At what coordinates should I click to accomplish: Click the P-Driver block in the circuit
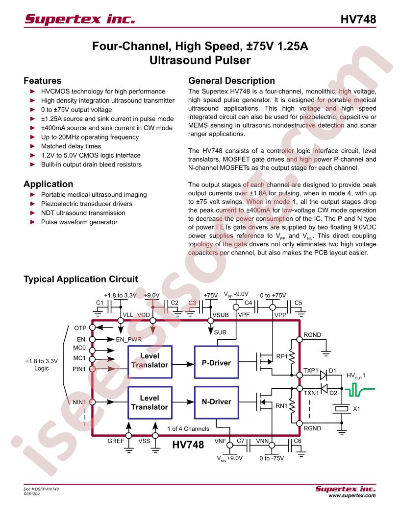coord(216,362)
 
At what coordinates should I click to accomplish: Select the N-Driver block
coord(216,402)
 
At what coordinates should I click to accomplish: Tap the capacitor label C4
coord(248,303)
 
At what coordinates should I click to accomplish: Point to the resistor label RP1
coord(282,356)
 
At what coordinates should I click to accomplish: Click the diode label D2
coord(333,393)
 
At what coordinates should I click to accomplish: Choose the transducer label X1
coord(356,409)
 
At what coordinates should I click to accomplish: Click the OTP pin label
coord(80,328)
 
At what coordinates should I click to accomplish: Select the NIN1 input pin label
coord(79,402)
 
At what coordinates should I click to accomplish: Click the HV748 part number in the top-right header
coord(358,19)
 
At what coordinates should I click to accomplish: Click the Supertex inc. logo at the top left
coord(80,19)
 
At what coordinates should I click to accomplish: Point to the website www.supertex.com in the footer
coord(352,495)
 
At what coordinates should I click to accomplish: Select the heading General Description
coord(231,81)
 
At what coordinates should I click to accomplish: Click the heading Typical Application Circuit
coord(80,279)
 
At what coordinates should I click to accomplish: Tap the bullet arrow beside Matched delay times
coord(32,146)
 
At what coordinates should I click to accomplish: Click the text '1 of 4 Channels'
coord(188,429)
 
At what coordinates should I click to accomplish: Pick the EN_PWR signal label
coord(128,339)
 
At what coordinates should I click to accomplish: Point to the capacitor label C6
coord(298,441)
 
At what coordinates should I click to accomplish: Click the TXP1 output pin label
coord(311,370)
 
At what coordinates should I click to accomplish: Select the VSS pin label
coord(144,441)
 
